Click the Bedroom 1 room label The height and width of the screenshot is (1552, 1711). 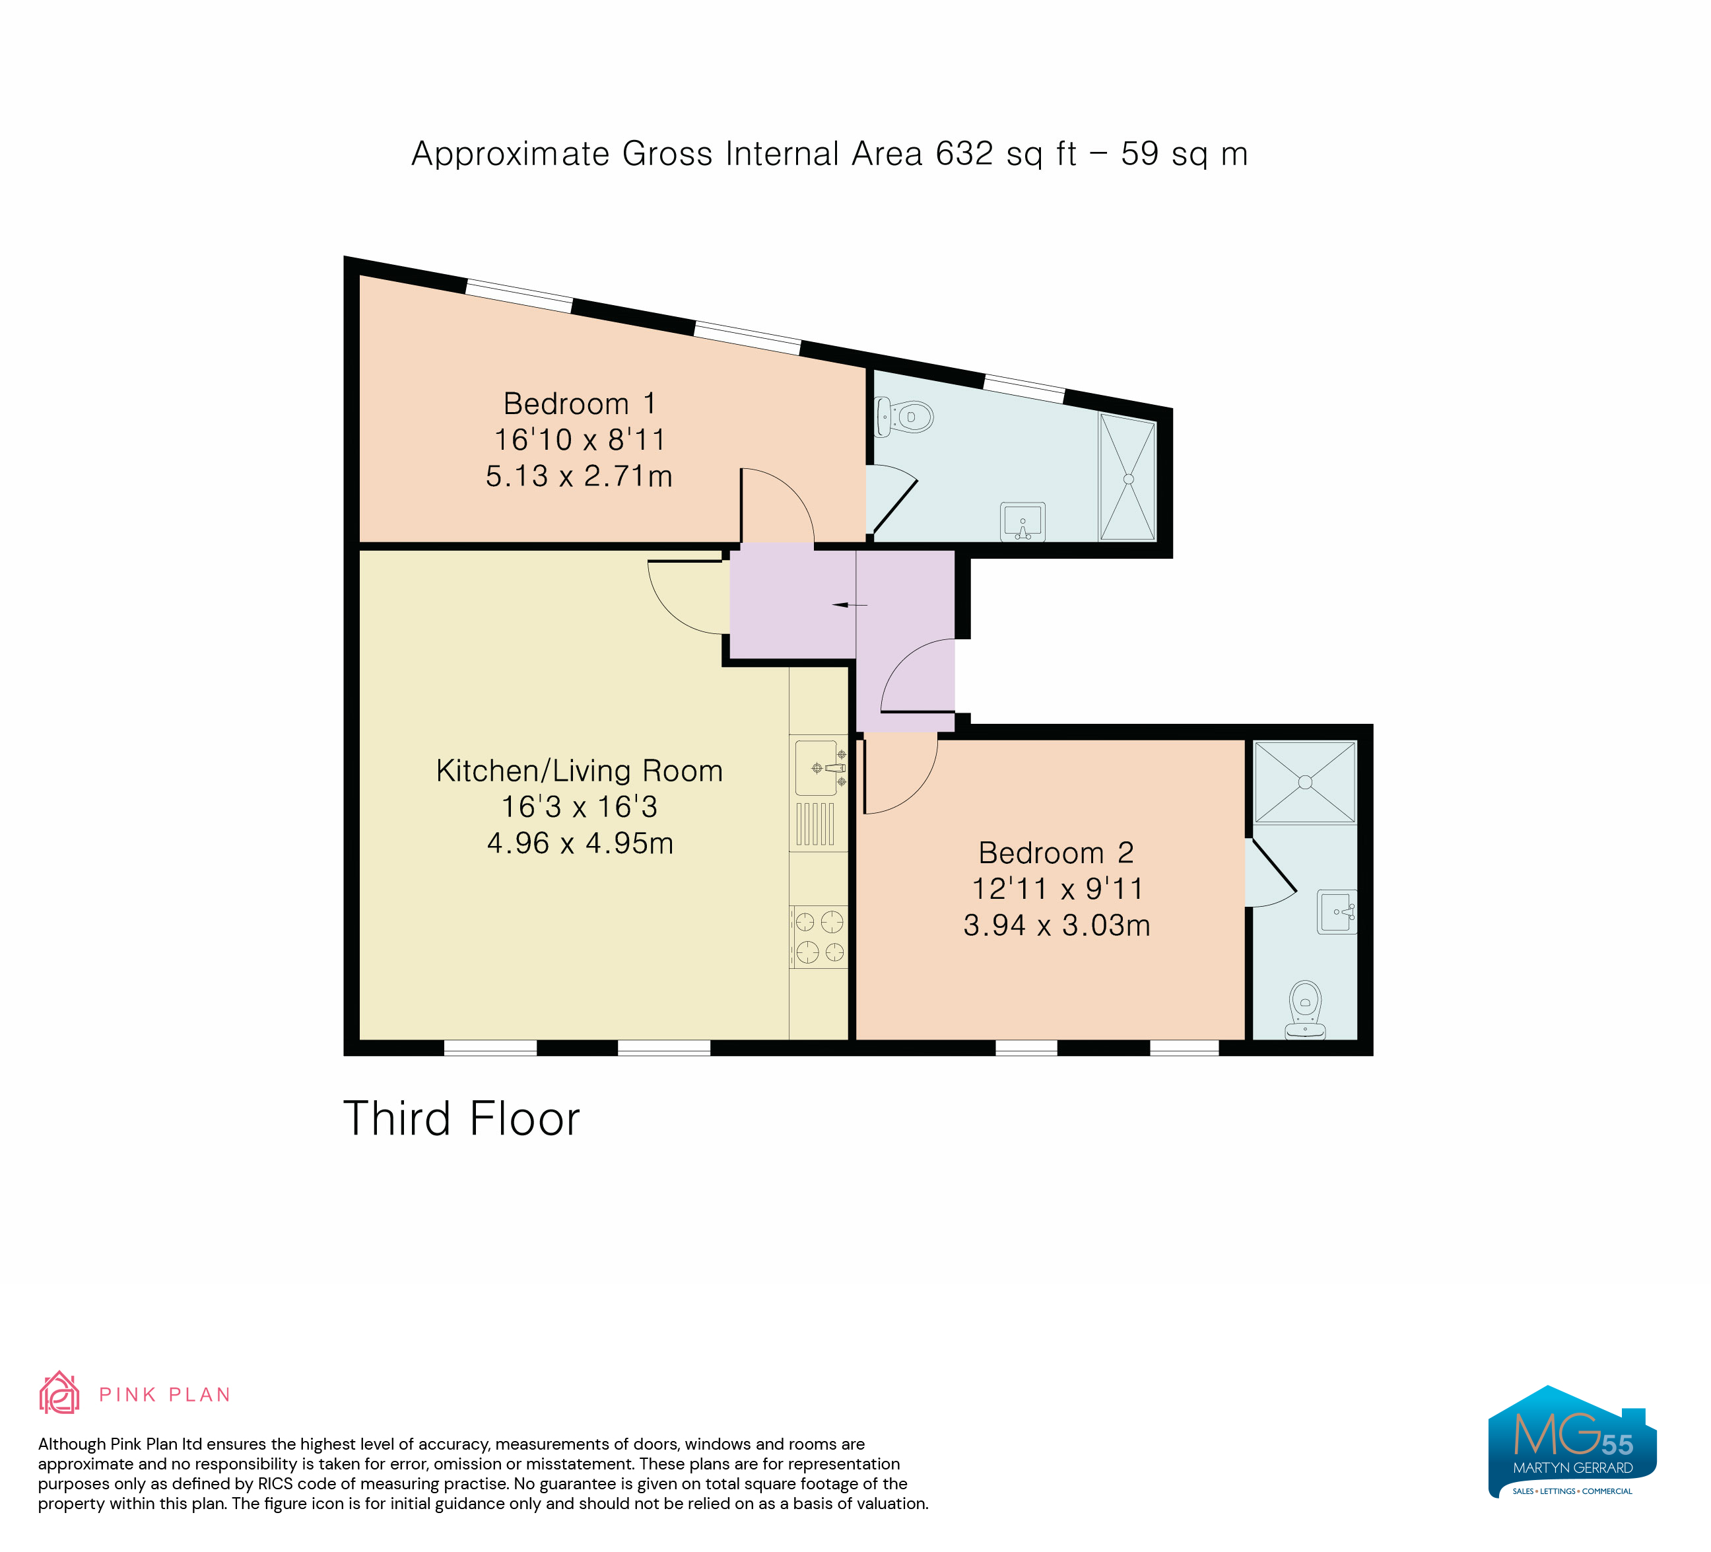click(x=580, y=404)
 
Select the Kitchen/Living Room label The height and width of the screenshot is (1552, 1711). click(x=580, y=771)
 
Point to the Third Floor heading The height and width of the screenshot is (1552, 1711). click(x=461, y=1118)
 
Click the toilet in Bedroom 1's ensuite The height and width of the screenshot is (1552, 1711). click(x=903, y=417)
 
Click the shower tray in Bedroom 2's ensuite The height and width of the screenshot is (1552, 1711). click(x=1304, y=782)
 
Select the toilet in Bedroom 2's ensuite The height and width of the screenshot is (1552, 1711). click(x=1305, y=1010)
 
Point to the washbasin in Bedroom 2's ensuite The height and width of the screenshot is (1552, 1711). click(x=1337, y=912)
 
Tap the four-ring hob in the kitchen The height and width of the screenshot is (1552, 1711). click(x=819, y=936)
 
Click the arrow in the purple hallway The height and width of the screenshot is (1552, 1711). click(x=850, y=606)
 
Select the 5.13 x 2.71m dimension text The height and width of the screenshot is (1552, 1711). click(x=580, y=476)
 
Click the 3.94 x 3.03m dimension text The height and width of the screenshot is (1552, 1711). click(x=1057, y=925)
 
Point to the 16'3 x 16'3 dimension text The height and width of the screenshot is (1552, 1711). click(x=580, y=806)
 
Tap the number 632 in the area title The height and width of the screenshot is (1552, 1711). click(x=964, y=154)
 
